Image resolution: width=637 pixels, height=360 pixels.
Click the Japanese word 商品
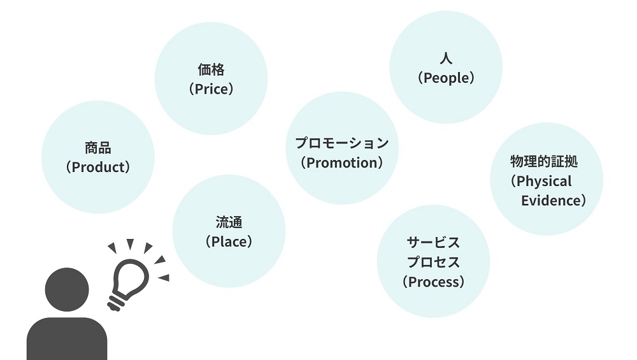click(98, 148)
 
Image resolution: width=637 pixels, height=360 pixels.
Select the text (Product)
click(98, 167)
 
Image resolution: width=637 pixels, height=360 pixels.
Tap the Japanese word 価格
click(211, 69)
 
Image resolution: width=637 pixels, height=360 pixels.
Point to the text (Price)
click(211, 89)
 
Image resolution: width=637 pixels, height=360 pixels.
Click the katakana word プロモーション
click(342, 143)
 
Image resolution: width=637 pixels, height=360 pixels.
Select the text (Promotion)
click(342, 162)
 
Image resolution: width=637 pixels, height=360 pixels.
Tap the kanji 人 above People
click(446, 59)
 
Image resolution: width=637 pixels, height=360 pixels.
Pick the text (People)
click(446, 78)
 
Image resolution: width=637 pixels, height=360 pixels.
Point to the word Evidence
click(550, 201)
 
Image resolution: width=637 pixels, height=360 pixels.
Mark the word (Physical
click(541, 181)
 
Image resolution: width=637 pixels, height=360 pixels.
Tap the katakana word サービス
click(433, 243)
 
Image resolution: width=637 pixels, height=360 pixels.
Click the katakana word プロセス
click(433, 262)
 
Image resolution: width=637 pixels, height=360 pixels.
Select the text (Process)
click(433, 281)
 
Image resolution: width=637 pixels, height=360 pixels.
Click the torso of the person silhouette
click(67, 338)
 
